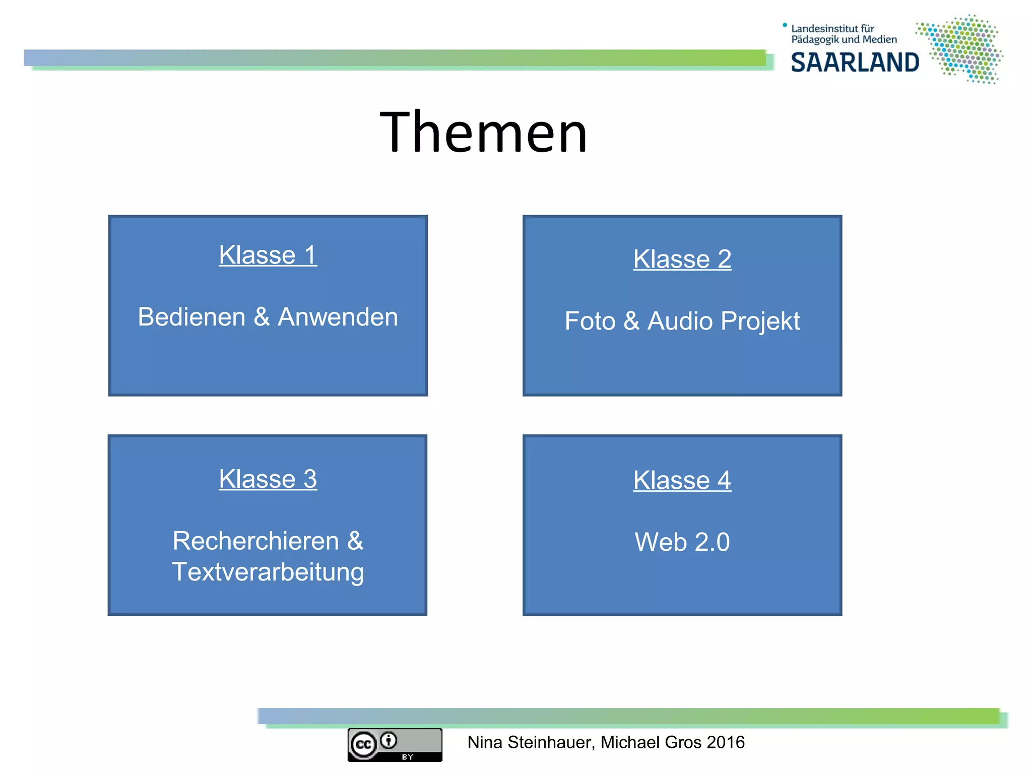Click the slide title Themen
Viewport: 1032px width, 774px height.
click(x=484, y=132)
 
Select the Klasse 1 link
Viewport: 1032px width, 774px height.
click(x=268, y=255)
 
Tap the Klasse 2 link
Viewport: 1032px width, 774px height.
click(x=682, y=260)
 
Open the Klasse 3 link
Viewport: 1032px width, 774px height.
click(x=268, y=479)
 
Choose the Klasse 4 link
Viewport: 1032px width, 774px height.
click(x=682, y=480)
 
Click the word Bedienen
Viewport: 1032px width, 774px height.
click(x=191, y=317)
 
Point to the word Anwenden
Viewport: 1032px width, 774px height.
click(x=338, y=317)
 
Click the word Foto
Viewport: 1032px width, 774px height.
click(x=590, y=321)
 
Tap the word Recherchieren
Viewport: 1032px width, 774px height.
click(x=255, y=541)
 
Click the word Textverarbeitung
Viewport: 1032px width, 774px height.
click(x=268, y=572)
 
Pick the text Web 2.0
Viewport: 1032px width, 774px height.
click(x=682, y=542)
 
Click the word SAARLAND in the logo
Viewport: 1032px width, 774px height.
click(x=855, y=62)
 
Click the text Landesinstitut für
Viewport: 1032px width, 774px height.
click(x=832, y=29)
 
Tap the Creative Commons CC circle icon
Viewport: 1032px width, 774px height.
click(x=363, y=745)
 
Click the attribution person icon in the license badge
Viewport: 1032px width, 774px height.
click(x=389, y=740)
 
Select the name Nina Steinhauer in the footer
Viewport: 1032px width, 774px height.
click(x=531, y=742)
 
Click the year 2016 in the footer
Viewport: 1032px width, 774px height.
click(x=725, y=742)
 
